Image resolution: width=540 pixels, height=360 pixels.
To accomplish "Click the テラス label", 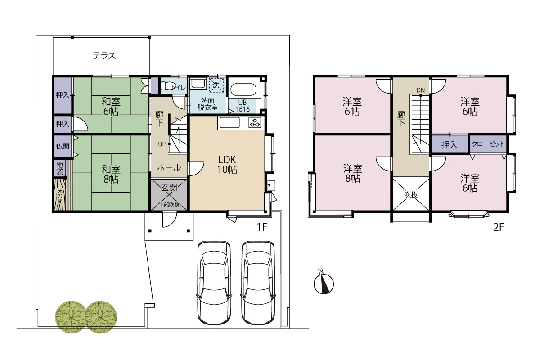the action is click(x=104, y=56).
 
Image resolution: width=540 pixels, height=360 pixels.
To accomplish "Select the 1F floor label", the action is click(x=262, y=227).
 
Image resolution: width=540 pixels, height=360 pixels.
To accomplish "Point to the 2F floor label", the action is click(x=499, y=227).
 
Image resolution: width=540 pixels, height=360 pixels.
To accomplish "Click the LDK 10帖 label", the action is click(x=227, y=164).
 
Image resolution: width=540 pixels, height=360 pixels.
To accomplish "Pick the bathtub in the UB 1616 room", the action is click(x=243, y=90).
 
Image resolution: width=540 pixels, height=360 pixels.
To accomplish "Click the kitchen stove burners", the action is click(x=255, y=123).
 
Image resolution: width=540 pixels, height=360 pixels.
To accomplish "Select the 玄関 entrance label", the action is click(x=169, y=187).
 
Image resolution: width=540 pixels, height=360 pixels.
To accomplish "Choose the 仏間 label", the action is click(x=63, y=146).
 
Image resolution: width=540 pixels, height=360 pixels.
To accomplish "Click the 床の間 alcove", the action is click(x=60, y=195).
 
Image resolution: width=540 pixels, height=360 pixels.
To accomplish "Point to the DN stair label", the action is click(x=421, y=90).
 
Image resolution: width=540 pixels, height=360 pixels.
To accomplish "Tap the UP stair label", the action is click(x=162, y=144).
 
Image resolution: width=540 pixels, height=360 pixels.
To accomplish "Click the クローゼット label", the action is click(x=488, y=144).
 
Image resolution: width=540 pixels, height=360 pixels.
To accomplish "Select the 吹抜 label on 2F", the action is click(x=411, y=194).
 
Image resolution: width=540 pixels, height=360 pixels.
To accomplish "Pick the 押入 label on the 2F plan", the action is click(x=450, y=145).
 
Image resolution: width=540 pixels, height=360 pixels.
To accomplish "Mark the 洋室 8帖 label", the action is click(x=353, y=173).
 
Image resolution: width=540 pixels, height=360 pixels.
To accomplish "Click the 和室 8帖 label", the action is click(x=111, y=174).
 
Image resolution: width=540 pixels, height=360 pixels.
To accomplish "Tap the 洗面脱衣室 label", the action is click(x=207, y=104).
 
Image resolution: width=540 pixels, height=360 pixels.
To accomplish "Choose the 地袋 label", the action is click(x=59, y=168).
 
